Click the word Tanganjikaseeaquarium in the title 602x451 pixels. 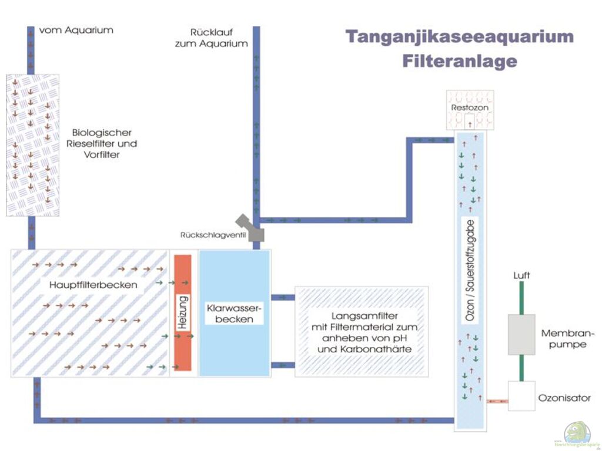pos(459,36)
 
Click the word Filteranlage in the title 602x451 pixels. pos(459,60)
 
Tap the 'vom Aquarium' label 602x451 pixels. pos(76,30)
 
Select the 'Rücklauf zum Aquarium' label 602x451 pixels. pos(219,38)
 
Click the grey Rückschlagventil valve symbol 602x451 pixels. pos(250,228)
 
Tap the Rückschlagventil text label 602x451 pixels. pos(212,235)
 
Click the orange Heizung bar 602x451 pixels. pos(183,312)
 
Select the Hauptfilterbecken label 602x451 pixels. pos(90,285)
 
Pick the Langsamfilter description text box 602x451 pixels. pos(361,332)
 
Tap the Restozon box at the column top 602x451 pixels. pos(470,109)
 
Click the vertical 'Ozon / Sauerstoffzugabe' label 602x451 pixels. pos(470,269)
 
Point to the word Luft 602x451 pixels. pos(521,275)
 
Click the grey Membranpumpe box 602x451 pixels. pos(521,334)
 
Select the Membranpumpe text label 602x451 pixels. pos(564,338)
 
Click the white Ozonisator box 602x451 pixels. pos(521,396)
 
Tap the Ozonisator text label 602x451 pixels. pos(564,398)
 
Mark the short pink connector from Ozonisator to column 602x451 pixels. pos(497,401)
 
